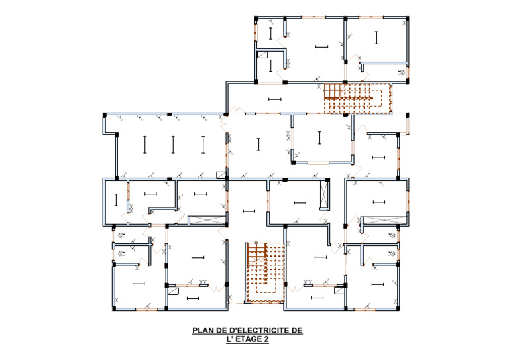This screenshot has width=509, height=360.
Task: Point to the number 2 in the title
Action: [266, 339]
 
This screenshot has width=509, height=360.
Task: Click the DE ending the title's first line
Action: [297, 331]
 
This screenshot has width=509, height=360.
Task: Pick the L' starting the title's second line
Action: [230, 339]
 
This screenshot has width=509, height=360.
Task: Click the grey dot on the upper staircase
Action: [324, 91]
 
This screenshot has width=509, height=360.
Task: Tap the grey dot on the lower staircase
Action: [256, 243]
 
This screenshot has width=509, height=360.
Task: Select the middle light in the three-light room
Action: [173, 145]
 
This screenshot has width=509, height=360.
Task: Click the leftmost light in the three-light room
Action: [145, 145]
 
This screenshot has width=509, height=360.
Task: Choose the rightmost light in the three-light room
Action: [203, 145]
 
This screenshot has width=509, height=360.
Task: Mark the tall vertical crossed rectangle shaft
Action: [324, 194]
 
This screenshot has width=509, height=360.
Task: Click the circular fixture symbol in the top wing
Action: [402, 73]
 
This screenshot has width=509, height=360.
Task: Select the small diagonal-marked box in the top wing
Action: [262, 54]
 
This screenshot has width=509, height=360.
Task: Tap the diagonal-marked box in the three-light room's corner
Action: [221, 175]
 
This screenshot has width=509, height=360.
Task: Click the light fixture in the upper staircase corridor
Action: [275, 99]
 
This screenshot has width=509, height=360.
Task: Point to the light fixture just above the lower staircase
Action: [249, 211]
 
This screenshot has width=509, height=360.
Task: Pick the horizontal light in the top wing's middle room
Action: [321, 47]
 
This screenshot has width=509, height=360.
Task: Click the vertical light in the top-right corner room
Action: [376, 38]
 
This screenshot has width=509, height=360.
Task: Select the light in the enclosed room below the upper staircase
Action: [319, 138]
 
